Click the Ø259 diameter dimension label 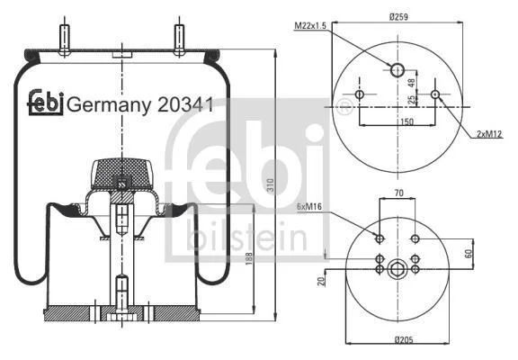coord(398,16)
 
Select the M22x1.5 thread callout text coord(310,25)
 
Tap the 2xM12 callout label coord(489,134)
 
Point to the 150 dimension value coord(406,121)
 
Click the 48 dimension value coord(412,83)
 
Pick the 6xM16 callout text coord(309,207)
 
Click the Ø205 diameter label coord(404,339)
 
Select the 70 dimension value coord(399,193)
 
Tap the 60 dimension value coord(469,254)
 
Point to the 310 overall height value coord(270,185)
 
